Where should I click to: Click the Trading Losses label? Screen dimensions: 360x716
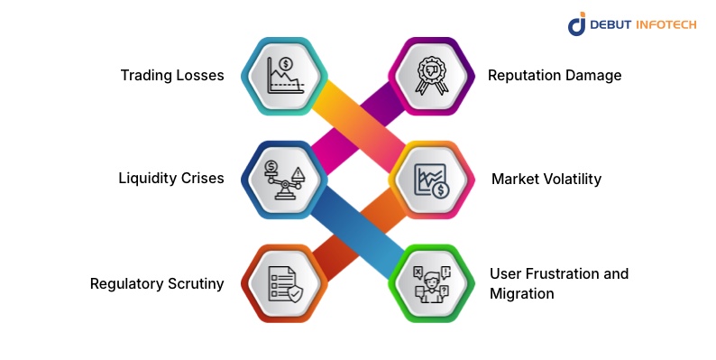(x=171, y=76)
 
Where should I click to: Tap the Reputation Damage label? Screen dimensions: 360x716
(x=555, y=76)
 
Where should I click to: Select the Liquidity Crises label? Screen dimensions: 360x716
(x=170, y=179)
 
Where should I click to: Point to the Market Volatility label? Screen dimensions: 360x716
(x=546, y=179)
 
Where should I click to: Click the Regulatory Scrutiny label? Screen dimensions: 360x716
(x=157, y=284)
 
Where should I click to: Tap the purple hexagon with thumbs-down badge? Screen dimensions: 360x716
(x=431, y=76)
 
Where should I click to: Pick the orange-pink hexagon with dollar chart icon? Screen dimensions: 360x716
(x=431, y=179)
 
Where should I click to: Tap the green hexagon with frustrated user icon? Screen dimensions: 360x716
(x=431, y=283)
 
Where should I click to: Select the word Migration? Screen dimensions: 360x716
(x=520, y=294)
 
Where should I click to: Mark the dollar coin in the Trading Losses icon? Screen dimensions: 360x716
(x=286, y=64)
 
